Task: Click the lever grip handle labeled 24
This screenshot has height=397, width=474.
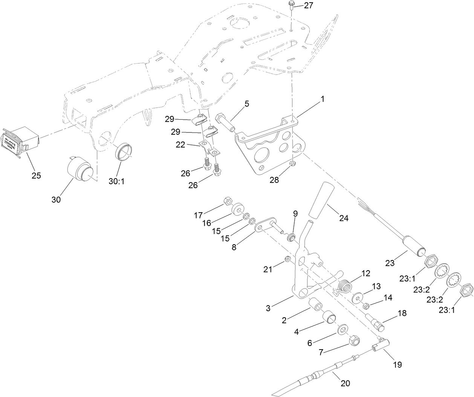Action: pos(321,201)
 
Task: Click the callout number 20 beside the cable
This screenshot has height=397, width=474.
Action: pos(345,383)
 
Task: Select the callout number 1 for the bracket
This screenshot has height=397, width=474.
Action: pos(322,99)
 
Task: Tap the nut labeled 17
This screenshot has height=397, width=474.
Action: pos(228,200)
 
